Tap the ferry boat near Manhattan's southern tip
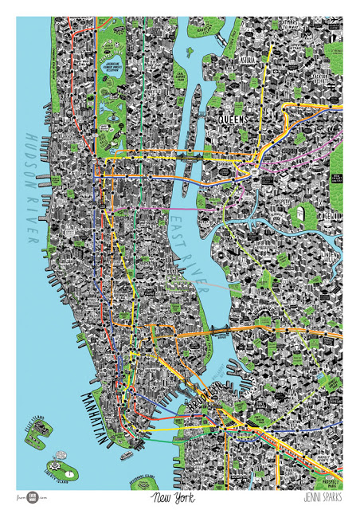127,456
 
